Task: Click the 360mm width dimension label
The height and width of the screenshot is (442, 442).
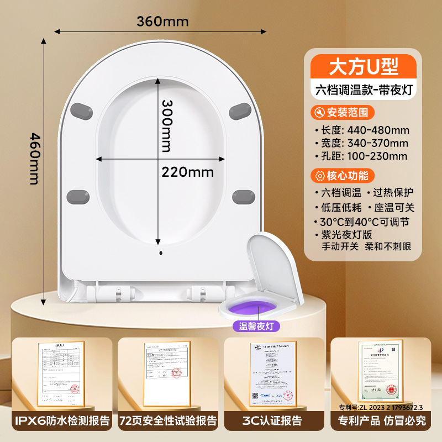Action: (x=163, y=22)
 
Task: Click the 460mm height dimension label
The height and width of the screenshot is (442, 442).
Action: (x=34, y=159)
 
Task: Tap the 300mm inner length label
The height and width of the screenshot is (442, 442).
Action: (x=166, y=125)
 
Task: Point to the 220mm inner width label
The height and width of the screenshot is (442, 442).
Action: (x=187, y=172)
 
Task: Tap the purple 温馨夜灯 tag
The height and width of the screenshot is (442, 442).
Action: (x=256, y=326)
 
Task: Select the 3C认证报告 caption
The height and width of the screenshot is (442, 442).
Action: (x=275, y=420)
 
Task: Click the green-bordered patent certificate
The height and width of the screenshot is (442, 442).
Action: (x=380, y=371)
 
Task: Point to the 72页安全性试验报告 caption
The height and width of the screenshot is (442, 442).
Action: (x=168, y=420)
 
